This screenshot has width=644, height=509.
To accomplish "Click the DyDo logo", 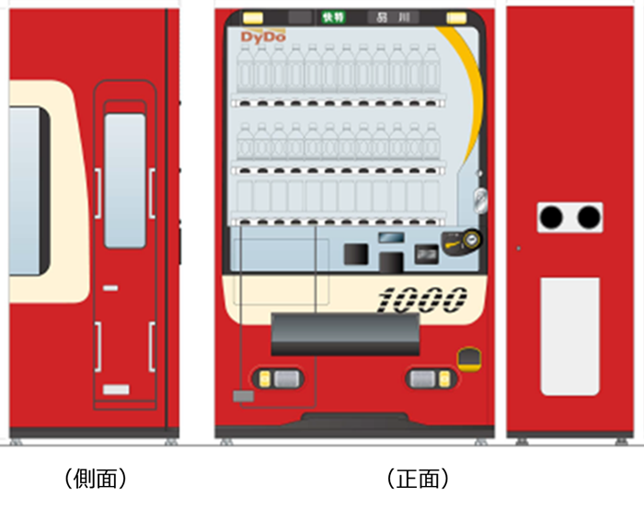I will pyautogui.click(x=263, y=37).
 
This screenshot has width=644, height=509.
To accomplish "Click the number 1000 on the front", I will pyautogui.click(x=422, y=297).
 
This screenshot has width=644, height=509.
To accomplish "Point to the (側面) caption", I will pyautogui.click(x=95, y=479).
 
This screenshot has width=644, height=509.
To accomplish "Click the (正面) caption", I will pyautogui.click(x=418, y=479).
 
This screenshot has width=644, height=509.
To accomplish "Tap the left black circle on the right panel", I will pyautogui.click(x=551, y=217).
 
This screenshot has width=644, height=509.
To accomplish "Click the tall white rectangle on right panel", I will pyautogui.click(x=569, y=337).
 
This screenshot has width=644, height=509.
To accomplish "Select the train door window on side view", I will pyautogui.click(x=124, y=180).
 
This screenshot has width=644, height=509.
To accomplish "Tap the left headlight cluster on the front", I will pyautogui.click(x=276, y=378).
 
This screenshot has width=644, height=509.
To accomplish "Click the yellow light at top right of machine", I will pyautogui.click(x=454, y=17).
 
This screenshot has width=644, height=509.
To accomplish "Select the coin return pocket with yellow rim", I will pyautogui.click(x=469, y=357).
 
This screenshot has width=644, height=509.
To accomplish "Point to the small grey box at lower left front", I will pyautogui.click(x=243, y=396).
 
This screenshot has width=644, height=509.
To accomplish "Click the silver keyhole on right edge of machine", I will pyautogui.click(x=478, y=197).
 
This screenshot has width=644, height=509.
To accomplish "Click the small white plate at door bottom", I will pyautogui.click(x=116, y=389).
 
